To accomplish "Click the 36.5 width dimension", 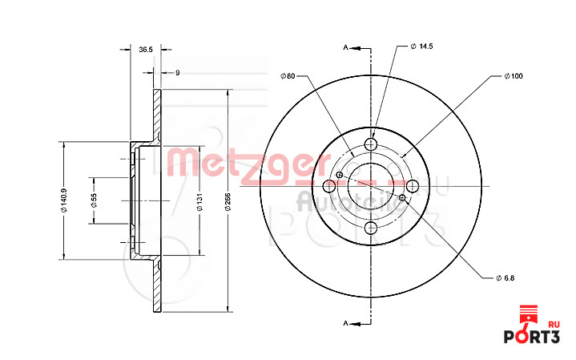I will click(145, 50).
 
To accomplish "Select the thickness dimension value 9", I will click(177, 73).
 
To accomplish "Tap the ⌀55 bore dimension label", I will click(94, 200).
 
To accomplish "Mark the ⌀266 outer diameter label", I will click(228, 201).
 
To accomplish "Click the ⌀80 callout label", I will click(288, 76).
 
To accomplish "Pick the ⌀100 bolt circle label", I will click(513, 76).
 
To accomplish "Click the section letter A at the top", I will click(345, 48).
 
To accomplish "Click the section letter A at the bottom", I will click(345, 323).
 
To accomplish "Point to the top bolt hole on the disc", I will click(370, 144).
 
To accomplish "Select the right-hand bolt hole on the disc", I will click(413, 187).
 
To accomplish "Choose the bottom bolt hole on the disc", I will click(370, 229).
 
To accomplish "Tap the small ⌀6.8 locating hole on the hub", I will click(340, 176).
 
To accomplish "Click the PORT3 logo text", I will click(531, 336).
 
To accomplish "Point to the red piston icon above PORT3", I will click(527, 313).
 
